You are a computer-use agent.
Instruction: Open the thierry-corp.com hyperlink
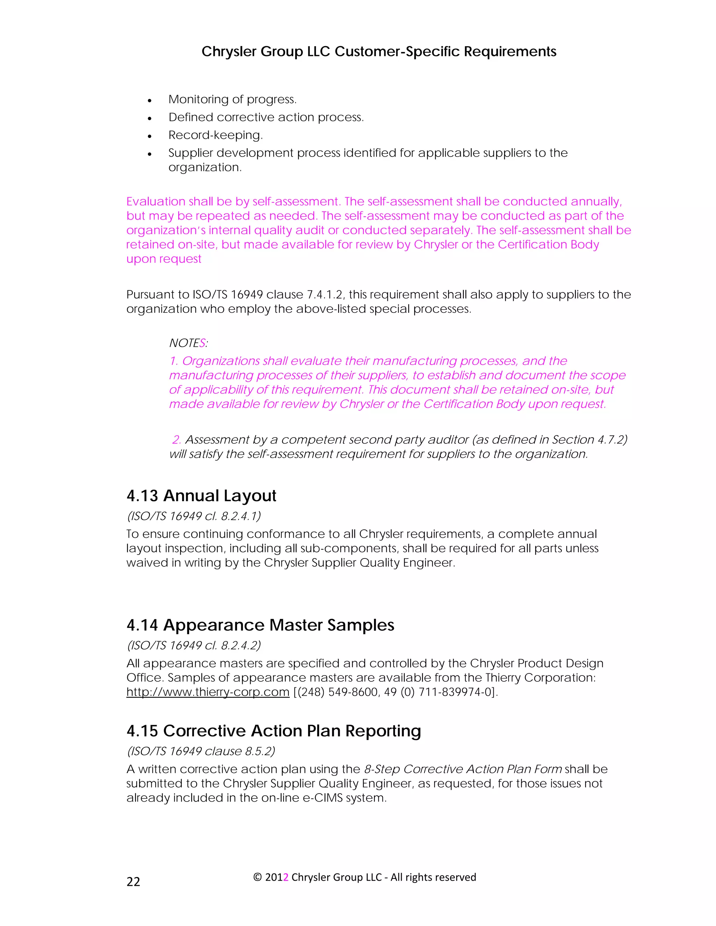point(208,692)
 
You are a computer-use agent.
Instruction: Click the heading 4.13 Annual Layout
point(201,495)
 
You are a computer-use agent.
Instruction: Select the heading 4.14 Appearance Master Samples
point(260,625)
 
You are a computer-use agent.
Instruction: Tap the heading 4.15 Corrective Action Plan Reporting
point(274,731)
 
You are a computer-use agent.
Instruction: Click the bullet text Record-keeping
point(215,135)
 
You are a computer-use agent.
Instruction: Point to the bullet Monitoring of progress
point(232,99)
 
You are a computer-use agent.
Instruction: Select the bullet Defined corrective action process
point(266,117)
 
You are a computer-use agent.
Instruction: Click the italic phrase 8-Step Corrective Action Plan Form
point(463,769)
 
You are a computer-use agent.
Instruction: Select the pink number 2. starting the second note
point(177,440)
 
